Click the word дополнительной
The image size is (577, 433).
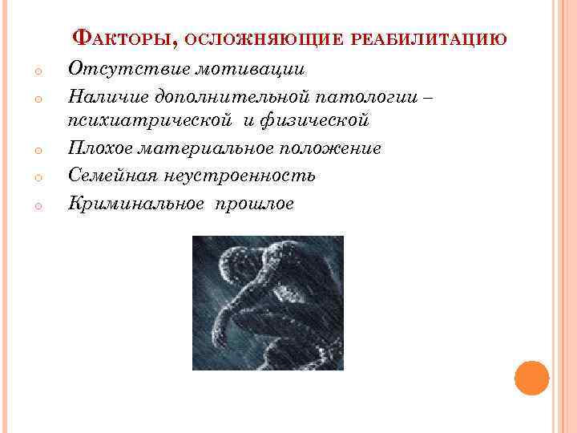[228, 97]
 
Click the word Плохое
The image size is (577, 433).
[99, 149]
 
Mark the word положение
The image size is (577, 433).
[331, 149]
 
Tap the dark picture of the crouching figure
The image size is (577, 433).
[268, 302]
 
